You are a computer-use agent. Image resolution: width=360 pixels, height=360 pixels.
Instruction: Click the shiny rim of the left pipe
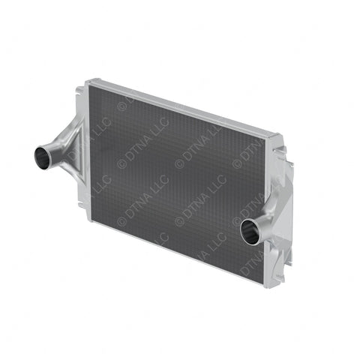pos(36,156)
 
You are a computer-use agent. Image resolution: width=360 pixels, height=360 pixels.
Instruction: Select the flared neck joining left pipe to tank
pos(62,146)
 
